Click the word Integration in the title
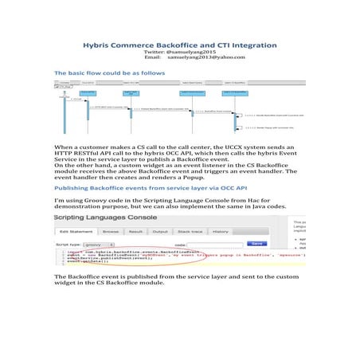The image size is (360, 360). [253, 46]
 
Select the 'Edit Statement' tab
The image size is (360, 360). [78, 232]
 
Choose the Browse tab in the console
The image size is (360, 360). [111, 232]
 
